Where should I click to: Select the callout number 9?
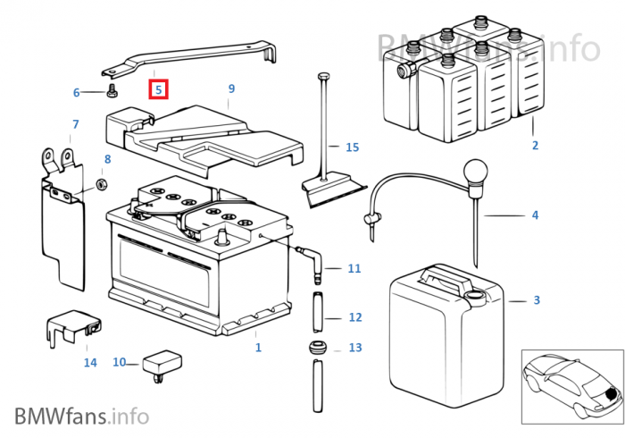click(x=231, y=88)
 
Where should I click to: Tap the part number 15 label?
click(x=352, y=147)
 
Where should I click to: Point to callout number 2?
click(x=535, y=145)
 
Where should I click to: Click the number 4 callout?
click(x=535, y=215)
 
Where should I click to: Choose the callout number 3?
click(x=536, y=300)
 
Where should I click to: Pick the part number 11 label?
click(x=354, y=268)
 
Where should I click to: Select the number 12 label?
click(x=354, y=317)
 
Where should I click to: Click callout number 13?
click(x=354, y=348)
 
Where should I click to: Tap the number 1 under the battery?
click(x=258, y=348)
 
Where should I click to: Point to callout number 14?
click(x=90, y=362)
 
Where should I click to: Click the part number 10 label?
click(x=120, y=362)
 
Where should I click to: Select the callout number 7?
click(x=76, y=124)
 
